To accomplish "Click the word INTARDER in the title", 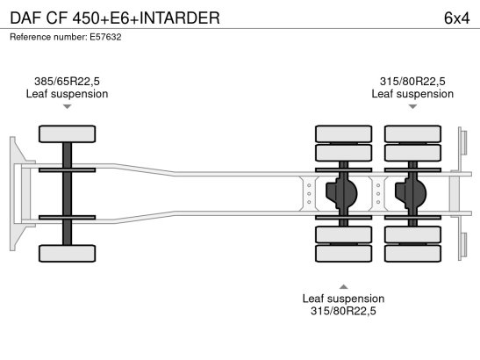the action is [180, 18].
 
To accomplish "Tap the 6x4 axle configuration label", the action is [456, 18].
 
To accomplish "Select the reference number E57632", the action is [105, 37].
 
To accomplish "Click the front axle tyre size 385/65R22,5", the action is [67, 81].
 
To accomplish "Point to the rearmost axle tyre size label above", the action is [412, 81].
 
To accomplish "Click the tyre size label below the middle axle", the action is [343, 311].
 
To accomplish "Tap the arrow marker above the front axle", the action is [67, 106].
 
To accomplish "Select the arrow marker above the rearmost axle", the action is [412, 106].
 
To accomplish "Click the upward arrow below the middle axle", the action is [343, 286].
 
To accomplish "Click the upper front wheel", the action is [67, 133].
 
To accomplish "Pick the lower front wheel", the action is [67, 254].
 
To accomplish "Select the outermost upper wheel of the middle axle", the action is [343, 133].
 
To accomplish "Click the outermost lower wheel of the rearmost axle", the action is [412, 254].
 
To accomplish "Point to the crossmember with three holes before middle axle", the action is [309, 194].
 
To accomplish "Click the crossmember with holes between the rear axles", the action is [378, 194].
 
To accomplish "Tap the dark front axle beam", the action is [67, 194].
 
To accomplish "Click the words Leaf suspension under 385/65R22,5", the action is [67, 94].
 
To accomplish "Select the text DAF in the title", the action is [25, 18].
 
